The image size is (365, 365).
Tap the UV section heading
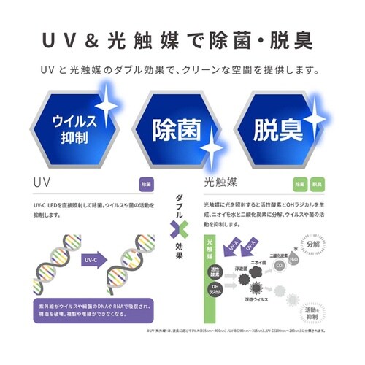(44, 180)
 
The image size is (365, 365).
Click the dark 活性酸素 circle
(215, 272)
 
